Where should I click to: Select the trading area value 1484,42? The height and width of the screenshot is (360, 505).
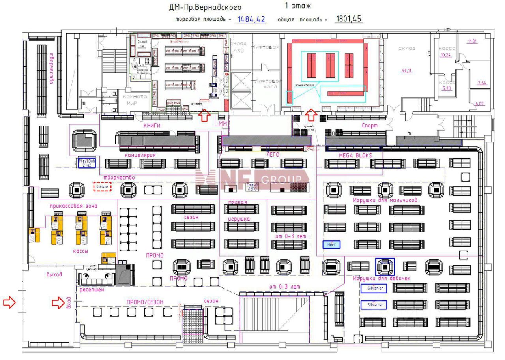pyautogui.click(x=251, y=19)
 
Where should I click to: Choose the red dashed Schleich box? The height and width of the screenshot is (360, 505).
pyautogui.click(x=102, y=186)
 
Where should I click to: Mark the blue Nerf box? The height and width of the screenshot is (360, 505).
pyautogui.click(x=331, y=244)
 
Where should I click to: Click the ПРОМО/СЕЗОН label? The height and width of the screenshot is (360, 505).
pyautogui.click(x=145, y=302)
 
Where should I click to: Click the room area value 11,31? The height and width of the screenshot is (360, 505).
pyautogui.click(x=472, y=41)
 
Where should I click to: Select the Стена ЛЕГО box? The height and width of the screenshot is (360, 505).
pyautogui.click(x=251, y=187)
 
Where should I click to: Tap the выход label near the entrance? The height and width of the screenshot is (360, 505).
pyautogui.click(x=54, y=274)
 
